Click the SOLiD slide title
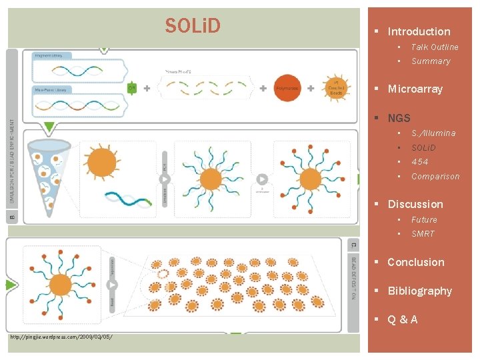tap(193, 26)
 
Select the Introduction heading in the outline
tap(419, 31)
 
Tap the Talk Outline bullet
tap(435, 47)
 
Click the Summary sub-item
tap(431, 61)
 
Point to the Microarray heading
tap(415, 89)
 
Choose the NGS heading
tap(399, 118)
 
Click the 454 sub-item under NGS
tap(420, 162)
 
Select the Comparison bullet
tap(435, 177)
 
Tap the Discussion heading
tap(415, 204)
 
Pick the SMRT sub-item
tap(423, 234)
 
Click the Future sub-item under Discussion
tap(424, 219)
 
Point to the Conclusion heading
tap(415, 262)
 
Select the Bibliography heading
tap(419, 291)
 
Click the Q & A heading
tap(403, 319)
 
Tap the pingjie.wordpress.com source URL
tap(61, 337)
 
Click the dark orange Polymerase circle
tap(287, 88)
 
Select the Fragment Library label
tap(49, 55)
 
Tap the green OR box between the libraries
tap(132, 87)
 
